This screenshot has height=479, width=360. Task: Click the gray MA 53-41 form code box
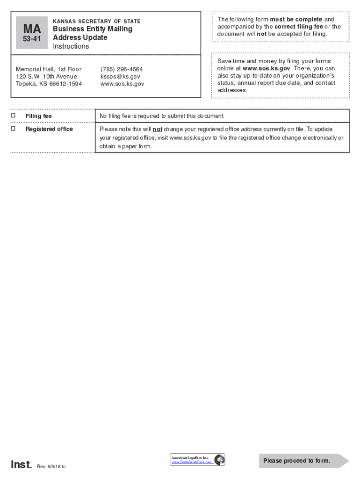(32, 33)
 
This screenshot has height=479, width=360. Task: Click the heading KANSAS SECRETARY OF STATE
(97, 22)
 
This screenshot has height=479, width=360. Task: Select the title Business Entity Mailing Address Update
(92, 33)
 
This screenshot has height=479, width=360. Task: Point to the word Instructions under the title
(71, 46)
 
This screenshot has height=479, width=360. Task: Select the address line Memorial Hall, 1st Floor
(49, 69)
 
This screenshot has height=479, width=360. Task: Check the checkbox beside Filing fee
(13, 115)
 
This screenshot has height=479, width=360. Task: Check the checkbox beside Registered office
(13, 128)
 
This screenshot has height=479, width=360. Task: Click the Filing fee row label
(39, 116)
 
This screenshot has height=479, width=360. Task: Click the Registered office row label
(49, 129)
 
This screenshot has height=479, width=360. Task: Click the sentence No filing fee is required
(161, 116)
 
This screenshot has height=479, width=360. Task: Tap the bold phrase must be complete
(296, 19)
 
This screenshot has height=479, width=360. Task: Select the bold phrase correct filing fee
(295, 27)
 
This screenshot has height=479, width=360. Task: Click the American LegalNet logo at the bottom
(198, 459)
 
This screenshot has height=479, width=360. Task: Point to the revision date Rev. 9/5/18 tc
(51, 466)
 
